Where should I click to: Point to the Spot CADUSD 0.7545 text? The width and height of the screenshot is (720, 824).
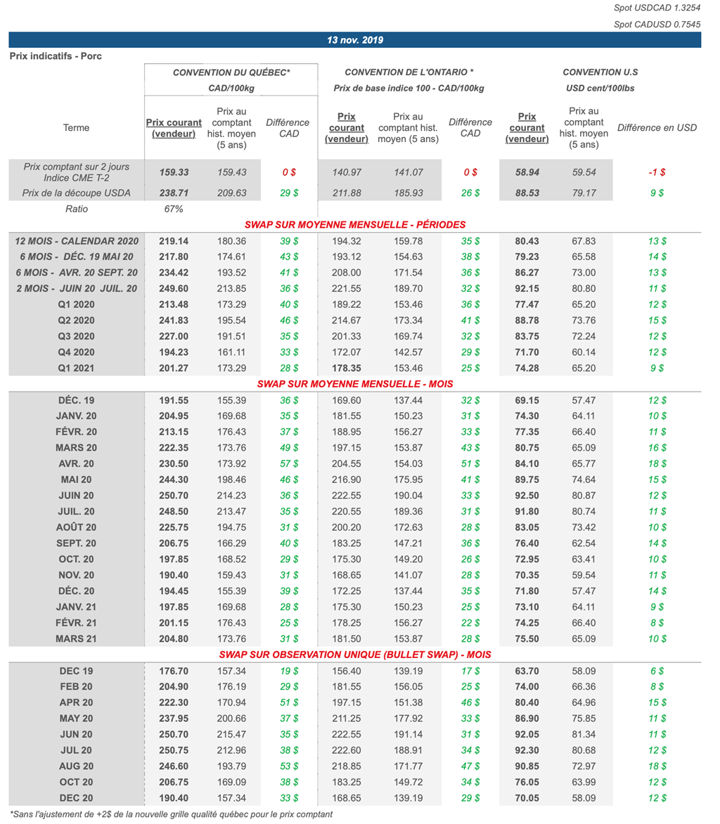point(662,25)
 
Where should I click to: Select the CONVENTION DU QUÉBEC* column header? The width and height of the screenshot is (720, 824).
point(231,72)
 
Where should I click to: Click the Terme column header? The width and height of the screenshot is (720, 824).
point(76,127)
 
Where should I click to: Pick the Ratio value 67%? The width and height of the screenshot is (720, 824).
point(173,209)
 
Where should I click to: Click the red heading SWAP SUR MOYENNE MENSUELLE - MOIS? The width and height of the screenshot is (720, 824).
point(355,384)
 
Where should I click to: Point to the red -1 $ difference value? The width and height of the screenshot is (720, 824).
point(657,172)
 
